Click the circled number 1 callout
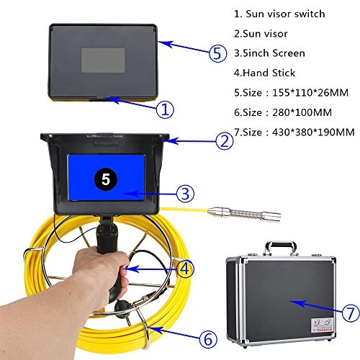[165, 110]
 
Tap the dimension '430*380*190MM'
[306, 132]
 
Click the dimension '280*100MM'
[296, 112]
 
